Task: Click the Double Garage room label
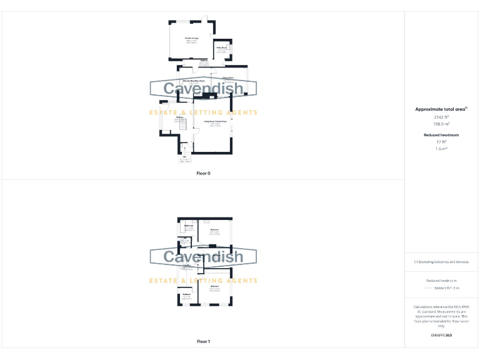191,39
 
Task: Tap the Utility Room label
221,47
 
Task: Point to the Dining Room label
228,78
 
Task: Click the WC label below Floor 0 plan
184,158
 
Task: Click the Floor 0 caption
203,172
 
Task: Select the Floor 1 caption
203,342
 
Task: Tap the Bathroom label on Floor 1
188,226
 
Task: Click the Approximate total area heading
441,109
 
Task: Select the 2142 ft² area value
442,117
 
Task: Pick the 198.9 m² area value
442,124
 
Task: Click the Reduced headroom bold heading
442,135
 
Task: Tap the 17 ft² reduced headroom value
442,142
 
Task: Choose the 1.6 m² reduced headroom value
442,149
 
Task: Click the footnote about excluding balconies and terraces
442,262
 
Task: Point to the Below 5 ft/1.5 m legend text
446,288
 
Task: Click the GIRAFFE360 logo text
442,336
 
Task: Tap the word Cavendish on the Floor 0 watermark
203,88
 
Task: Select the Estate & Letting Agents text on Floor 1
203,281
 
